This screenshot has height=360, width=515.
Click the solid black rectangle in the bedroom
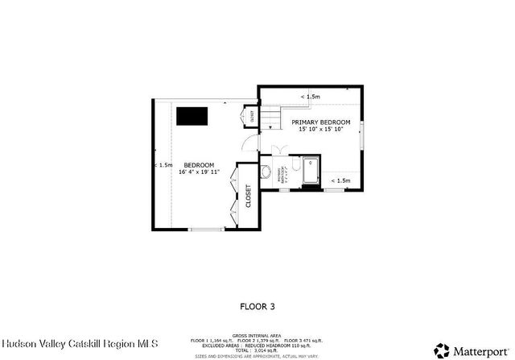point(192,116)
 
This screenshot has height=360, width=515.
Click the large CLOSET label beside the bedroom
point(248,196)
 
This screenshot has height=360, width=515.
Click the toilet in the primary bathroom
point(296,165)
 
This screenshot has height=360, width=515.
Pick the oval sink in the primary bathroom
point(266,171)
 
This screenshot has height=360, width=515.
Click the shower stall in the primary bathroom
point(312,171)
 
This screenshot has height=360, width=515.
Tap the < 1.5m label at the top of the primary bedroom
point(310,97)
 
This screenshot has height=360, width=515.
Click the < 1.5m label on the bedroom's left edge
point(163,165)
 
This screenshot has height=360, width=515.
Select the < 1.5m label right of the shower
point(340,180)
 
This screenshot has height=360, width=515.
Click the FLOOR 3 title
point(257,306)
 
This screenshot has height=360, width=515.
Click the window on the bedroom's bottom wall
point(206,230)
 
